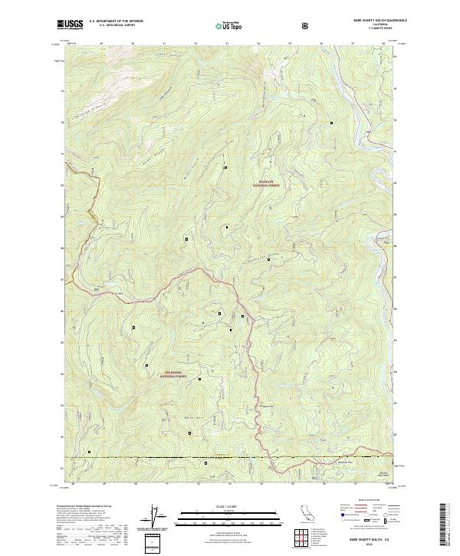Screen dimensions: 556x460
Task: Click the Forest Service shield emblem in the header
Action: point(307,25)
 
